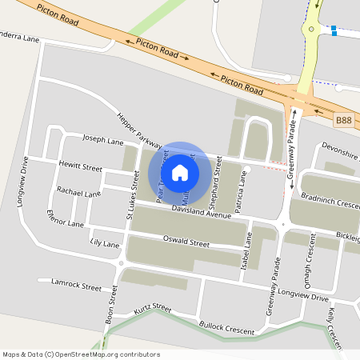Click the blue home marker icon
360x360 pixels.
click(180, 172)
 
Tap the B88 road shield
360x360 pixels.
click(343, 120)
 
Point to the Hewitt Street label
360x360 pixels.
click(80, 167)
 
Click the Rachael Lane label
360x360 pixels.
click(78, 193)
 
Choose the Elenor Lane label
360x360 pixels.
click(66, 218)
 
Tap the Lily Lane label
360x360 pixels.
click(105, 242)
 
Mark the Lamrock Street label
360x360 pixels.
click(75, 285)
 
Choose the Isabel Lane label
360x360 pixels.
click(248, 252)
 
